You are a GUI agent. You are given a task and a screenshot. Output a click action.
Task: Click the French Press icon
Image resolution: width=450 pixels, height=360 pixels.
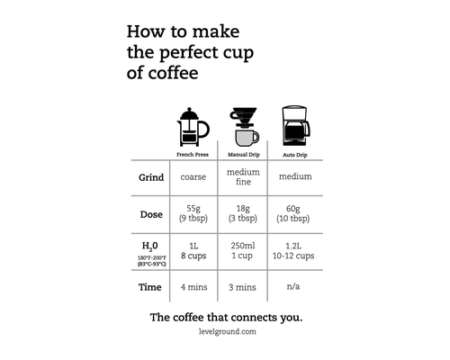(x=193, y=127)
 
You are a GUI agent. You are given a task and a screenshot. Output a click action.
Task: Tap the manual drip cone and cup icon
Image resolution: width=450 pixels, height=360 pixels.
(x=244, y=127)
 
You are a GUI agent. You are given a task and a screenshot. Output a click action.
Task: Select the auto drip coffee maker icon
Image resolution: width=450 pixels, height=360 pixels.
(x=296, y=126)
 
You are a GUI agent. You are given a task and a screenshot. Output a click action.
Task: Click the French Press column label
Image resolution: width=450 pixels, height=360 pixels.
(x=193, y=155)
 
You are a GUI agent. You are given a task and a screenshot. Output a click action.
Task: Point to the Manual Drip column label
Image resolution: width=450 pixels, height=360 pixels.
(x=244, y=155)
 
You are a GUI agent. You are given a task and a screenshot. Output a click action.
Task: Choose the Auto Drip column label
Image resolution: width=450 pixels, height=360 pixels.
(x=295, y=155)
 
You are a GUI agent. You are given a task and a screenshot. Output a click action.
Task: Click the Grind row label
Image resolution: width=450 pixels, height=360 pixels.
(x=151, y=177)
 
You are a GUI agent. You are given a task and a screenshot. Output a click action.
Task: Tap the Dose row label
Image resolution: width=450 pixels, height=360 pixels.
(x=151, y=214)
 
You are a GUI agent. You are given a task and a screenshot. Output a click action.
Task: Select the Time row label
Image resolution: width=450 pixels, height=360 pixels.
(x=150, y=287)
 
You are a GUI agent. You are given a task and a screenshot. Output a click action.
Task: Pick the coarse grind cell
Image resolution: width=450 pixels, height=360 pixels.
(x=193, y=177)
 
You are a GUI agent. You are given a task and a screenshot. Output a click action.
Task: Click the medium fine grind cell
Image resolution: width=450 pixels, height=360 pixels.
(x=243, y=177)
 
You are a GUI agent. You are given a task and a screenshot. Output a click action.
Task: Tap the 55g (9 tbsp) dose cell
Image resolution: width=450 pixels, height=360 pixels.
(x=193, y=213)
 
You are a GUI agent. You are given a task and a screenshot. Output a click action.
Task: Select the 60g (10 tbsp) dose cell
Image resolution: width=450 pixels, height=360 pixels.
(x=293, y=213)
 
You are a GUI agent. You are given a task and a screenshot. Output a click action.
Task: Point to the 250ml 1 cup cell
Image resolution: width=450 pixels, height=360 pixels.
(x=243, y=251)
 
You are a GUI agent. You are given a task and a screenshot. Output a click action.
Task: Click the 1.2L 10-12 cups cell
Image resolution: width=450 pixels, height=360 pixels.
(x=293, y=251)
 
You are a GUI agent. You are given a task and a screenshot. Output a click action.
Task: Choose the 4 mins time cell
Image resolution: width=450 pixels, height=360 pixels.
(x=193, y=287)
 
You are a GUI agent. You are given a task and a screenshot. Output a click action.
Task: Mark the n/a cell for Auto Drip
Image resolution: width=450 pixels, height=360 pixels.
(x=293, y=286)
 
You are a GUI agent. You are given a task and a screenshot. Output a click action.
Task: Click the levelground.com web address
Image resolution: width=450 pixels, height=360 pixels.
(x=228, y=332)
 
